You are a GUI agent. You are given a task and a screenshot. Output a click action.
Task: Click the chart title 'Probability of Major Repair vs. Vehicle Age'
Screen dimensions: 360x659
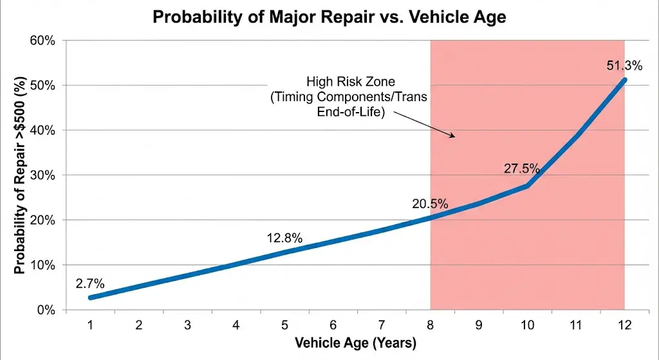[x=329, y=17]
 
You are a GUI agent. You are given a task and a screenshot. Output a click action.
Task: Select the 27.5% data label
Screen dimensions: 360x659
[x=521, y=168]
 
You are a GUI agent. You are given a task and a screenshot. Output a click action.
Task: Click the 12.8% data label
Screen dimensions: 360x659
[x=284, y=238]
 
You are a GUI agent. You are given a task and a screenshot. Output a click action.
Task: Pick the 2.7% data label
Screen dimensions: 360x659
[x=89, y=282]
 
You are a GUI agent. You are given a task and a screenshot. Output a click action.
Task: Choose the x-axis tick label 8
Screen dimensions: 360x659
[x=430, y=325]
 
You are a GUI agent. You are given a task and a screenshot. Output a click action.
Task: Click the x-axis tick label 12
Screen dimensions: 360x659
[x=624, y=325]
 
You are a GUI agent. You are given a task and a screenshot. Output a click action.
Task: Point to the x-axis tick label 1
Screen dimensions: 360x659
[x=90, y=325]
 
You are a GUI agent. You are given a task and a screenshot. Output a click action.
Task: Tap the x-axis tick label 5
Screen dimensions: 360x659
[x=284, y=325]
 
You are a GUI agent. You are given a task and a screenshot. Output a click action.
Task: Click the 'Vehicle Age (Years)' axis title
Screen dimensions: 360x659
[x=355, y=342]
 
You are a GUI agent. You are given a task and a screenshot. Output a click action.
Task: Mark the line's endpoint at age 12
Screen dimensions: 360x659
[x=624, y=80]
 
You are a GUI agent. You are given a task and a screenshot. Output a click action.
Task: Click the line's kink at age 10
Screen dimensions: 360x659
[x=528, y=185]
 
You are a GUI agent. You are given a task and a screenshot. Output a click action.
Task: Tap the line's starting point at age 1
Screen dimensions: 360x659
[x=91, y=298]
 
